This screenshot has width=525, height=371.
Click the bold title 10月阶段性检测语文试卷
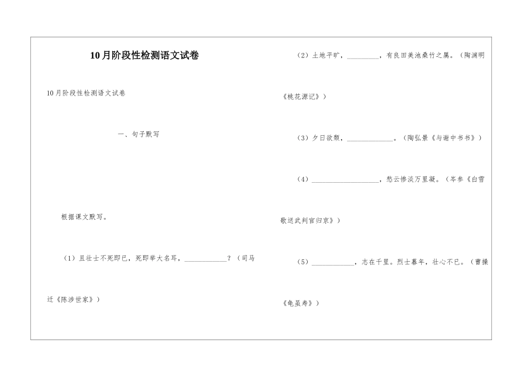(x=144, y=55)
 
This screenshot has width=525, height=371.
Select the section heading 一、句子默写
(x=138, y=134)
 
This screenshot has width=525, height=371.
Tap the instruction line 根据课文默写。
(x=85, y=217)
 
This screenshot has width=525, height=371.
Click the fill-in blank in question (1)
(x=205, y=259)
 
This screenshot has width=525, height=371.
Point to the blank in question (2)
(x=363, y=56)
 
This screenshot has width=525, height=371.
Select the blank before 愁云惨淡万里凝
(x=345, y=180)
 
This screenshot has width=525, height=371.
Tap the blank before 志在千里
(x=333, y=263)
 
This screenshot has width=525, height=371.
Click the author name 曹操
(x=481, y=262)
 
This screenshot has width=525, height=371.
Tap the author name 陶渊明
(x=474, y=55)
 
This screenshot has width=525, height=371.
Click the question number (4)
(x=303, y=179)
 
